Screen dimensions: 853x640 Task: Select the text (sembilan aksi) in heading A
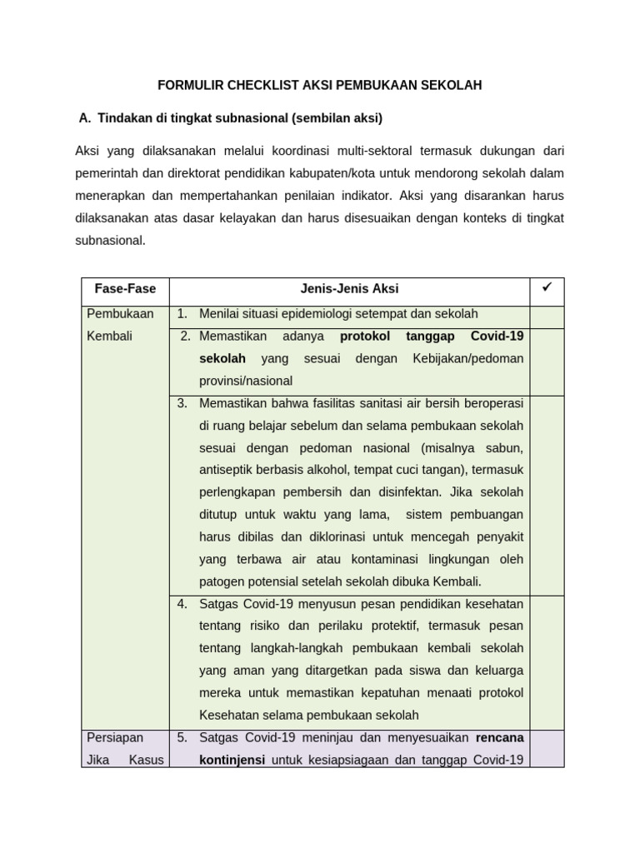coord(337,118)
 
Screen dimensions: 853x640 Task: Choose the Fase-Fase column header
coord(124,289)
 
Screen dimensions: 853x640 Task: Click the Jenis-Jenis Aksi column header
coord(349,289)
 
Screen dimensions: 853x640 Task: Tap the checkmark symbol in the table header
coord(547,288)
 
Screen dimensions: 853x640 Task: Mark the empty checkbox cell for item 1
coord(547,316)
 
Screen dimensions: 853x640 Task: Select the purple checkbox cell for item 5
coord(547,749)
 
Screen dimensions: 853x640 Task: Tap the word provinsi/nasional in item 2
coord(246,381)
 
